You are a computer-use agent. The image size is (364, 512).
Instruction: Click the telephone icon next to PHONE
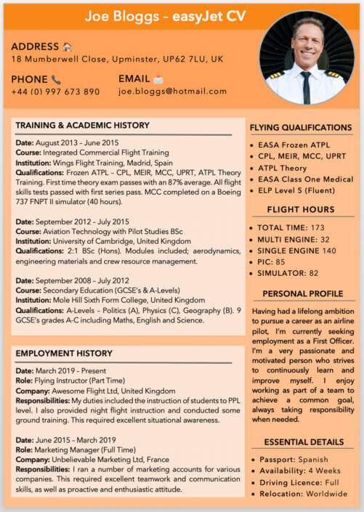click(x=56, y=79)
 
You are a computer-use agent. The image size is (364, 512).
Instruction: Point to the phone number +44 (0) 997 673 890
click(x=55, y=92)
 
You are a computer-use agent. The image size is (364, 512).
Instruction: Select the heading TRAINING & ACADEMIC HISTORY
click(x=82, y=125)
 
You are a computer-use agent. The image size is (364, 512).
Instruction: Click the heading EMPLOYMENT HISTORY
click(x=64, y=353)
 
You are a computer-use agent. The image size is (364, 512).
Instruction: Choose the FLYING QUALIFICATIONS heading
click(x=301, y=128)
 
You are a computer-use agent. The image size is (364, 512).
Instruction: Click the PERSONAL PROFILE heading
click(x=301, y=293)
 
